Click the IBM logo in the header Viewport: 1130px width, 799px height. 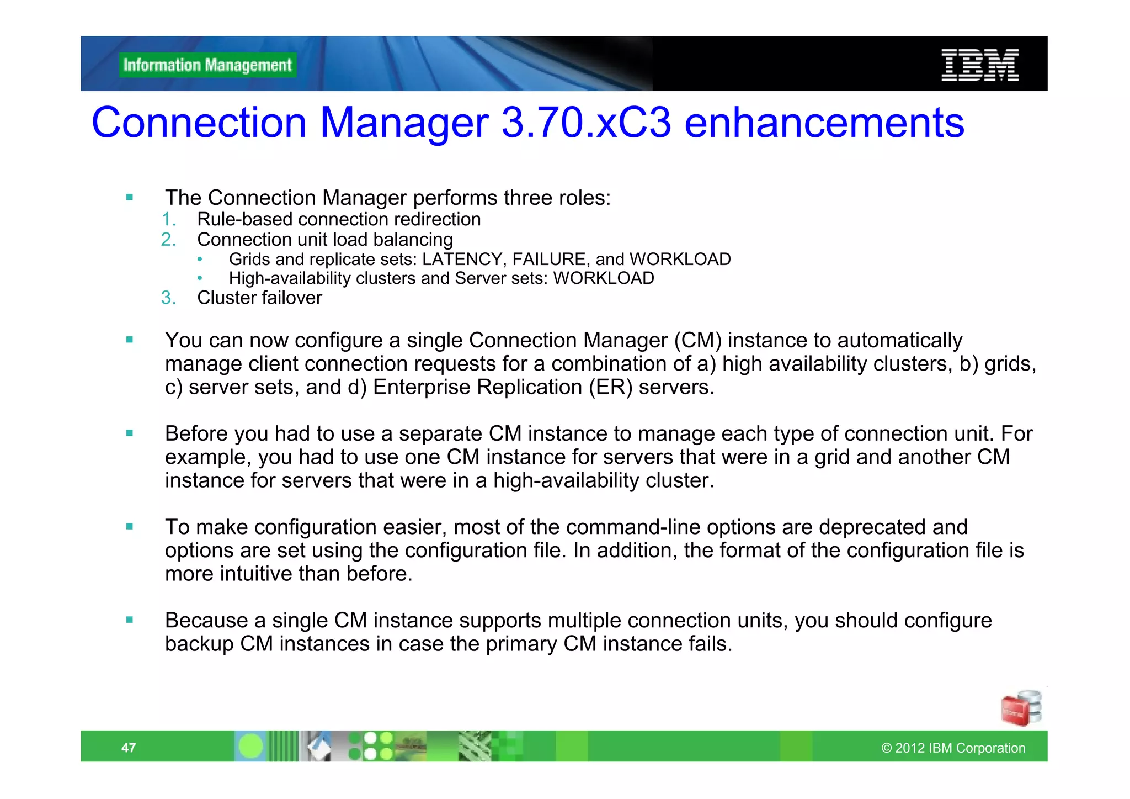(979, 65)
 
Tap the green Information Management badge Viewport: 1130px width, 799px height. (207, 65)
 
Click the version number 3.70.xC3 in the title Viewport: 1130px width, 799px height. (586, 123)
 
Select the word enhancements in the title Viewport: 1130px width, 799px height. (824, 123)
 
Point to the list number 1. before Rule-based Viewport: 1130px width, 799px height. (168, 220)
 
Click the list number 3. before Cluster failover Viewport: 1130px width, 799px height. (168, 298)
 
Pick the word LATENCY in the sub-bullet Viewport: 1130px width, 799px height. (462, 260)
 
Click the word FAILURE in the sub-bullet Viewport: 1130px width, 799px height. (548, 260)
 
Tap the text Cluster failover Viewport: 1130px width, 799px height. (259, 298)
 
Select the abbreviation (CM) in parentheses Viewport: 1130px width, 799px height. (698, 341)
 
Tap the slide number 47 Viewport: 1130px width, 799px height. (129, 748)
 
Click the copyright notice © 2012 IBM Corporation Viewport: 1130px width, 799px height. (953, 748)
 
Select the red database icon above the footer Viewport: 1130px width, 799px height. (1021, 708)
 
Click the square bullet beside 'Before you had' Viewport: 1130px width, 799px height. (130, 433)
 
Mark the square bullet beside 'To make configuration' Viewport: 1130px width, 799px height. (130, 527)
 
